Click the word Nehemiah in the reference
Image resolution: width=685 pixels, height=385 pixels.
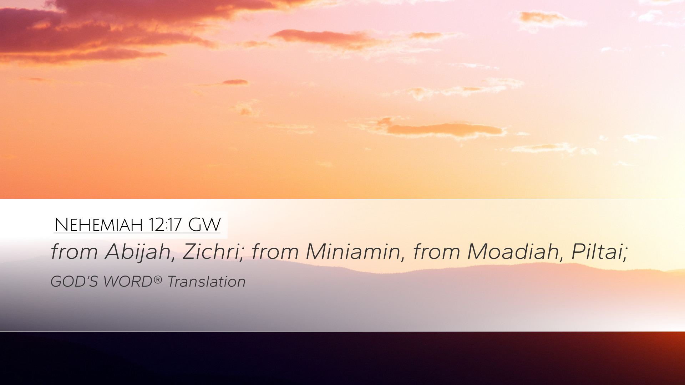point(98,225)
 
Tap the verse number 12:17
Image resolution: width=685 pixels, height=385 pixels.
point(165,225)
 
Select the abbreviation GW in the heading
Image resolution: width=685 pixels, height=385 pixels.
point(204,225)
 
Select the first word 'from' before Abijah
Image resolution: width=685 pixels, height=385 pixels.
point(74,252)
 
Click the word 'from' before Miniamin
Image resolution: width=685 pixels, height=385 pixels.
point(275,252)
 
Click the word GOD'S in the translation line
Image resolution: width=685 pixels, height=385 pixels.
point(74,282)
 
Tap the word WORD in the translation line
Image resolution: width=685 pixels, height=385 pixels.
point(128,282)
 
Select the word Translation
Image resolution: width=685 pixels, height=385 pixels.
point(207,282)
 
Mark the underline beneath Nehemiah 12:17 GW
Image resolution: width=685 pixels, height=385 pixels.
point(137,233)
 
